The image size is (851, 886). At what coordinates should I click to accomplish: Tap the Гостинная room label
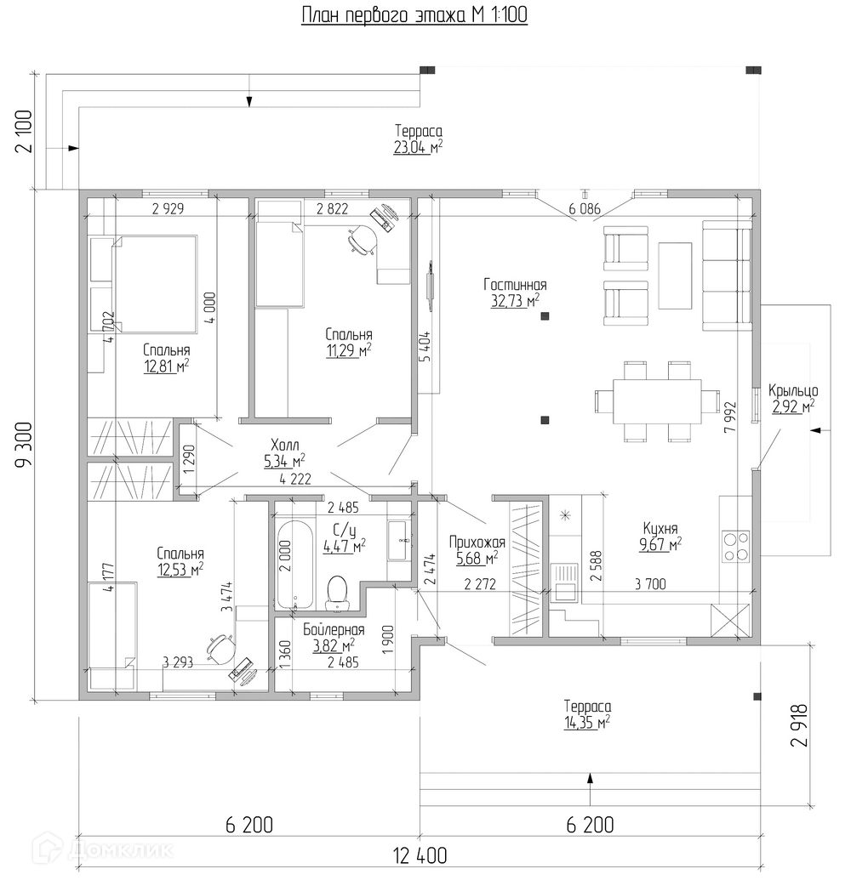(x=515, y=286)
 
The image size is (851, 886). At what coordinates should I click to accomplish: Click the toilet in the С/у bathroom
(x=338, y=592)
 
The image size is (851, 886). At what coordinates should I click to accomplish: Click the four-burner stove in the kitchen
(x=735, y=546)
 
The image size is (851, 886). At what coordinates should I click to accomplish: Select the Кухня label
(x=660, y=527)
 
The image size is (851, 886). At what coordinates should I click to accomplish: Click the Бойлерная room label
(x=334, y=630)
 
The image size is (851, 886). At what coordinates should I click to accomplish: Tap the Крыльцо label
(x=792, y=391)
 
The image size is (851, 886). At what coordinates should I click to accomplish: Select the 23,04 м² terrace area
(x=418, y=147)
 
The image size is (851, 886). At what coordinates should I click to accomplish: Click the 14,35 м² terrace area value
(x=586, y=723)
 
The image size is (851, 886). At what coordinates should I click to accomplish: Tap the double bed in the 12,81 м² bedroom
(x=156, y=283)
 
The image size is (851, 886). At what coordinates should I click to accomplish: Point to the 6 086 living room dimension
(x=584, y=207)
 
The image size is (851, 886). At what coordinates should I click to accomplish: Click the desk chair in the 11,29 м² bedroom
(x=363, y=241)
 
